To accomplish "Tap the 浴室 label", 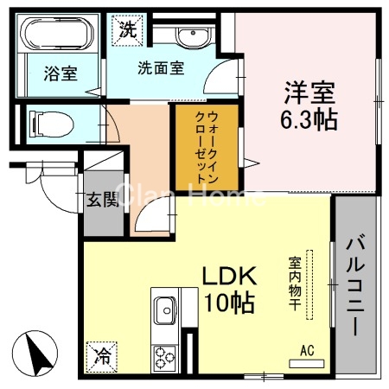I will [x=60, y=74].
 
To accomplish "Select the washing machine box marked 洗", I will [x=127, y=28].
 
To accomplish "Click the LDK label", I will [x=229, y=277].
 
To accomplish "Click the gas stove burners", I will [x=163, y=357].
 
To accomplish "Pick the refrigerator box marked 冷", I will [x=101, y=354].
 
